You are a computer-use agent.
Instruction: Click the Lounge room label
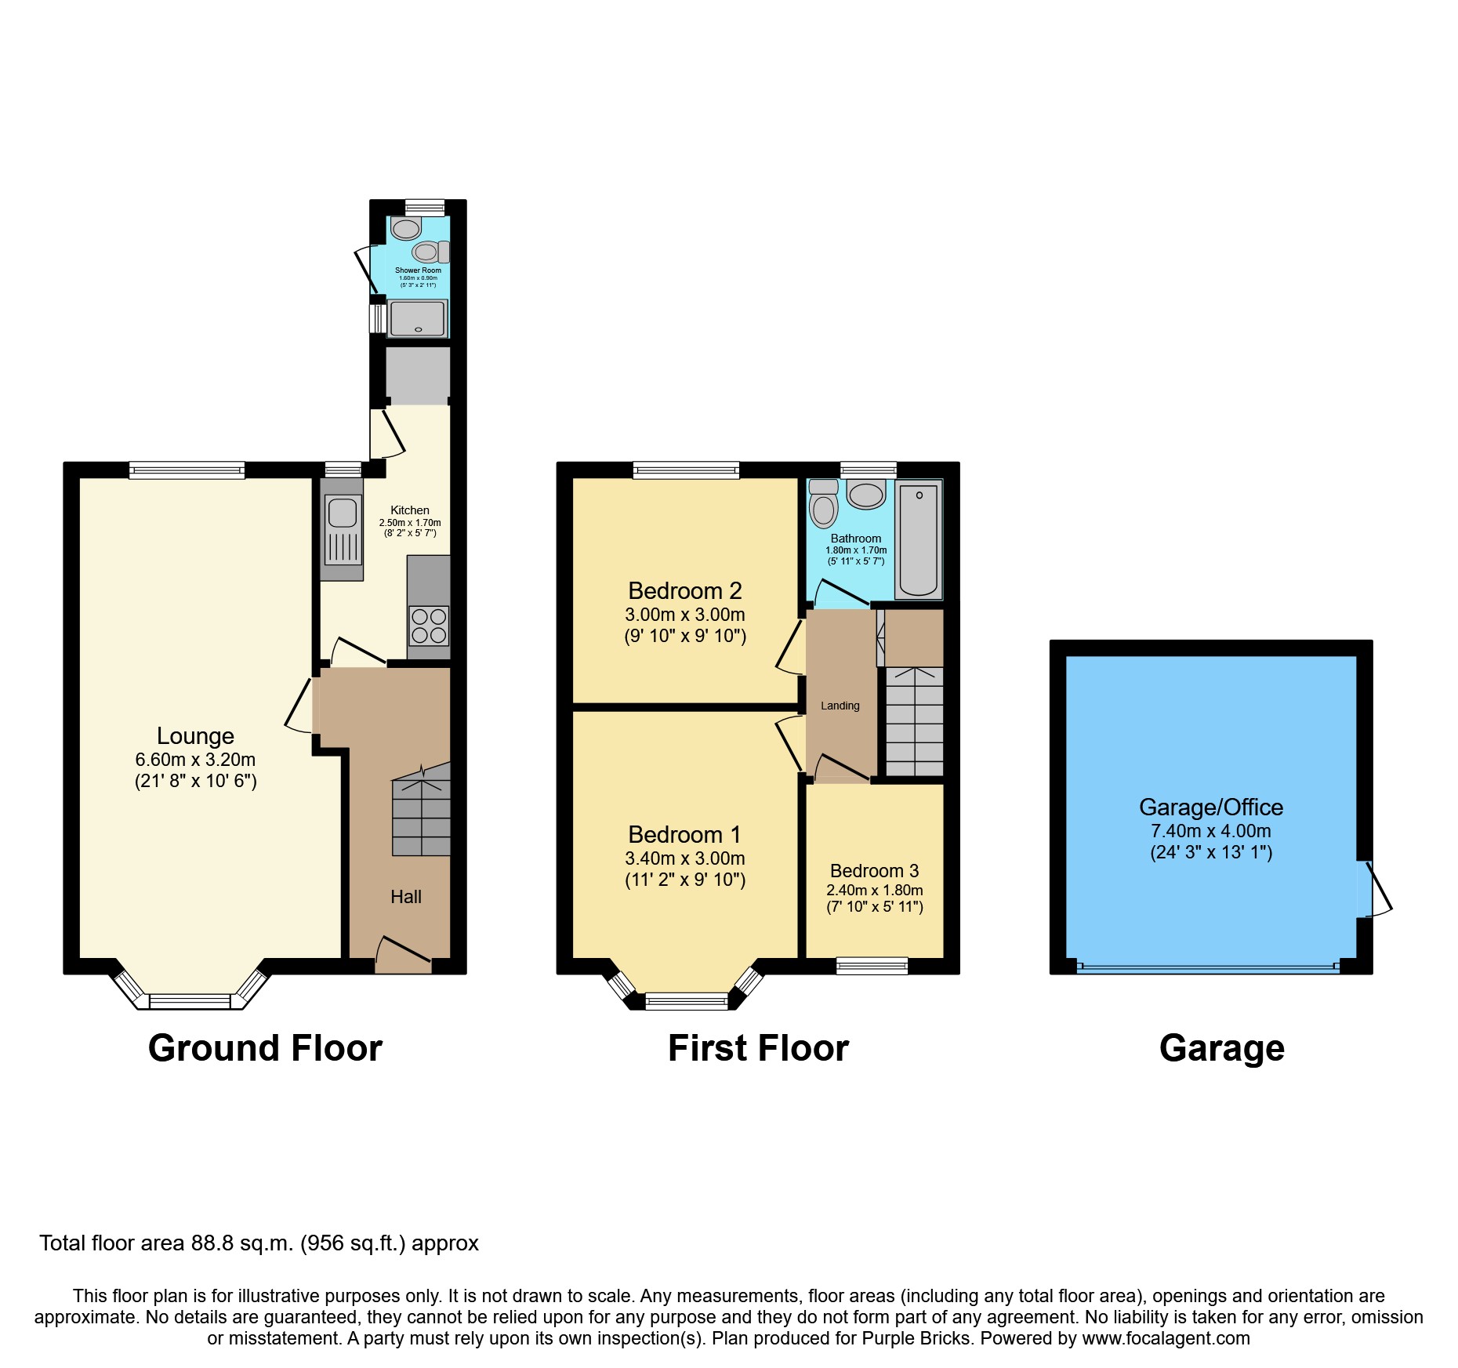[195, 735]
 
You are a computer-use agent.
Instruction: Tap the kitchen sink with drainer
[342, 530]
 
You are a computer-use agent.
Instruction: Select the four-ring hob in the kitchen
[429, 626]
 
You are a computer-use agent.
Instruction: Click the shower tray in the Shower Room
[418, 318]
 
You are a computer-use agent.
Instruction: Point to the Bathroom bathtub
[918, 539]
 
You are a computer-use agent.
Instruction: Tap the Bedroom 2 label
[684, 590]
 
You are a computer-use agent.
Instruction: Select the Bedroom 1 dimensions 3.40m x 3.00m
[684, 858]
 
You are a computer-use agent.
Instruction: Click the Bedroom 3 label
[874, 871]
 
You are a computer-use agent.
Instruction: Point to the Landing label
[840, 706]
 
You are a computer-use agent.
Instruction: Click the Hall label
[406, 897]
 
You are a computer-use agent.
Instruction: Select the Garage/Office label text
[1210, 807]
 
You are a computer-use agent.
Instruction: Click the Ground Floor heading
[265, 1048]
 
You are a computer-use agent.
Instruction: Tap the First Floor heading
[758, 1048]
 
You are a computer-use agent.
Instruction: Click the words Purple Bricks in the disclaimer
[916, 1338]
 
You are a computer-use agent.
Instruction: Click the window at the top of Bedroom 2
[686, 470]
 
